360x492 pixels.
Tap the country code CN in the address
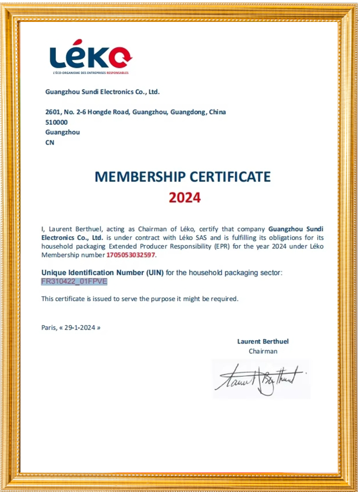point(49,142)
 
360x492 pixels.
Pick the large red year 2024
point(184,197)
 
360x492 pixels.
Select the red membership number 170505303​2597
point(130,255)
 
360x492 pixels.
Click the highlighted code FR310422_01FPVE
point(74,281)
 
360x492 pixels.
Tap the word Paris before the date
point(48,327)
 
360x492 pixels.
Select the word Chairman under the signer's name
point(263,351)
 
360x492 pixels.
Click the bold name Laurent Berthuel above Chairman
point(263,341)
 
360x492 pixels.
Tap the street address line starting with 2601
point(135,112)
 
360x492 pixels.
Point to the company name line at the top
point(102,92)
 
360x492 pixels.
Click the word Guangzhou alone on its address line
point(62,132)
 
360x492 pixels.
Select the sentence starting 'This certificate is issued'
point(139,299)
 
